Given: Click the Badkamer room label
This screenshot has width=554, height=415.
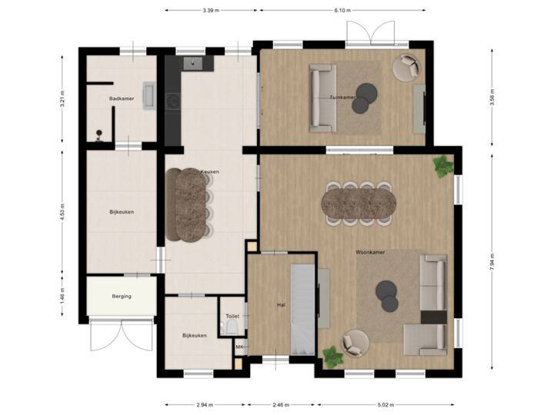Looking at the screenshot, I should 122,98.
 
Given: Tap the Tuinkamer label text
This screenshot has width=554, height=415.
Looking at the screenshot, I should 342,98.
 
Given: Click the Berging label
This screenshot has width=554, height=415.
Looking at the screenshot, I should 122,296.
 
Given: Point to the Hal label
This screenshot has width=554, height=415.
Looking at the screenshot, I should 282,305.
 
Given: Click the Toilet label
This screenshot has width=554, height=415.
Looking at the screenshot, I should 232,316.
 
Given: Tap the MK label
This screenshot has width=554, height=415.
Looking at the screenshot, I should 239,347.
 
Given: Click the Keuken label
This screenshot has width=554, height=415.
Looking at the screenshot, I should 209,171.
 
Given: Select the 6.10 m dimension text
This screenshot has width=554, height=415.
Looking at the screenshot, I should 342,11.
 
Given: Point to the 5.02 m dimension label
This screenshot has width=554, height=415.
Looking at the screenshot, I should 385,404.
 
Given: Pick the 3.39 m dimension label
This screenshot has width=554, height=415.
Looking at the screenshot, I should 210,11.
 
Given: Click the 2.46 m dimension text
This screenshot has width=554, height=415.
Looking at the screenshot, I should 280,404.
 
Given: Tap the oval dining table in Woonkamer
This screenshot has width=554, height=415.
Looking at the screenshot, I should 359,203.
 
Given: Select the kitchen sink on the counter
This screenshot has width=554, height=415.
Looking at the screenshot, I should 192,63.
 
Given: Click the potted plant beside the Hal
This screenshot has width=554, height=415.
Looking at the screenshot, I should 332,355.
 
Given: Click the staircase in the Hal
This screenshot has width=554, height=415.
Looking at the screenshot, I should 302,307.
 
